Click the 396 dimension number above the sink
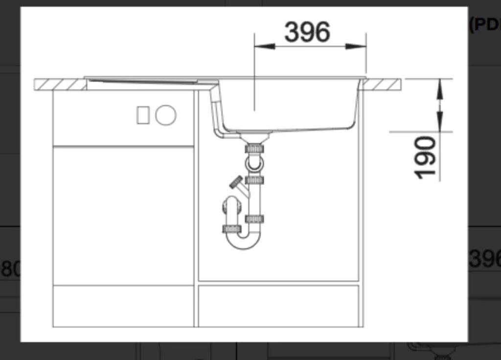tap(307, 32)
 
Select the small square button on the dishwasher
tap(143, 115)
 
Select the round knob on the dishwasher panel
tap(166, 115)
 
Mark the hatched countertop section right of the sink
tap(382, 85)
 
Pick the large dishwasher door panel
tap(123, 215)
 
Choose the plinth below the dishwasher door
tap(123, 306)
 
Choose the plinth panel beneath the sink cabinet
tap(278, 306)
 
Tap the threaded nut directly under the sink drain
tap(254, 148)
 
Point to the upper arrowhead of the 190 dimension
tap(439, 88)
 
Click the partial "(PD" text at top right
tap(483, 24)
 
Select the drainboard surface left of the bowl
tap(147, 81)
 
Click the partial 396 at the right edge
tap(484, 259)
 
